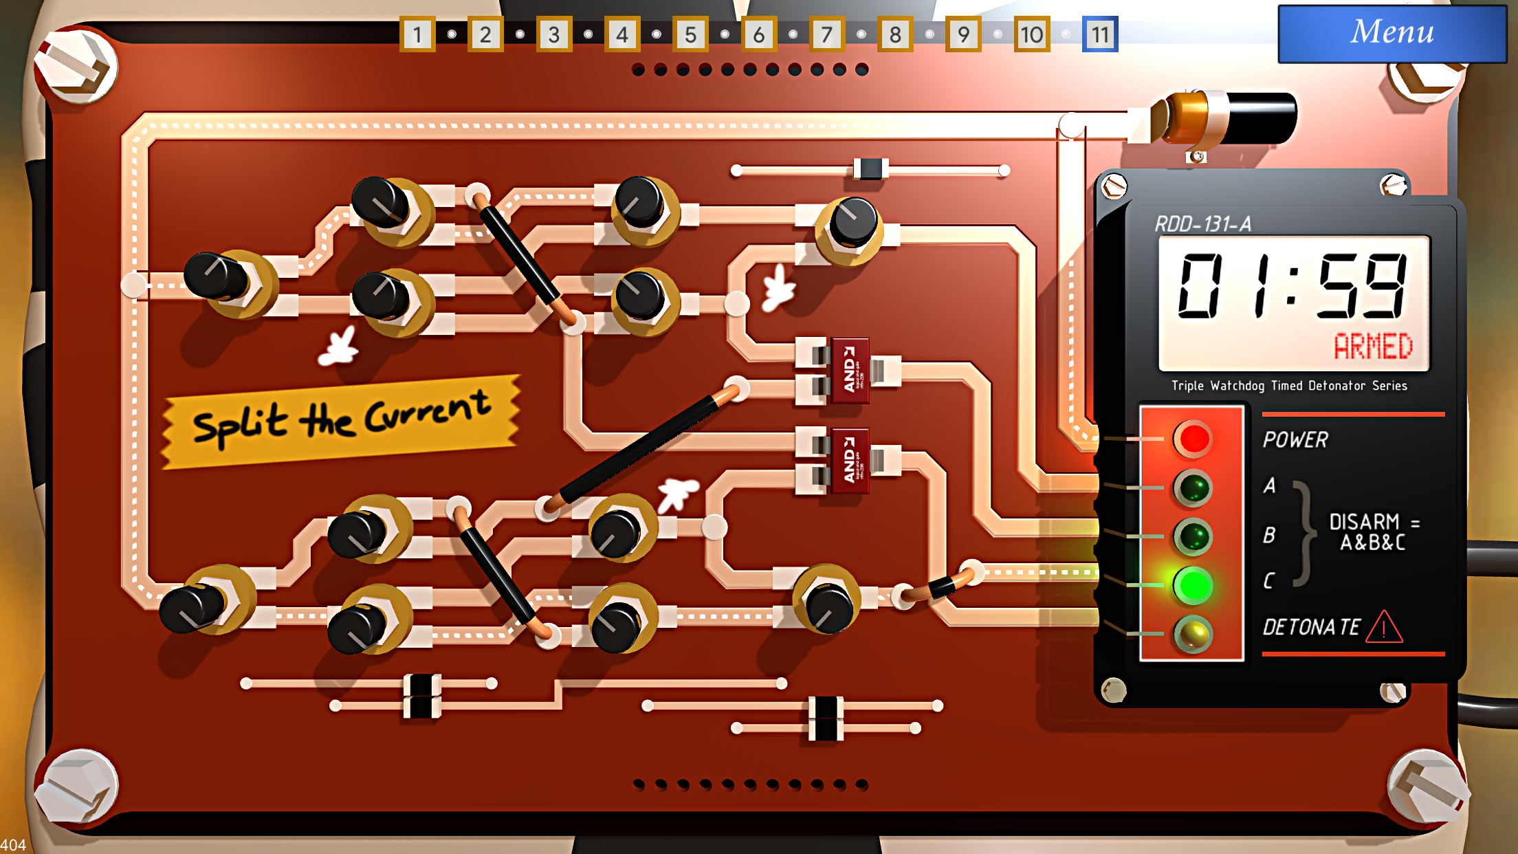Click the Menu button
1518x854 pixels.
pos(1391,33)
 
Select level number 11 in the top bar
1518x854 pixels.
pos(1100,34)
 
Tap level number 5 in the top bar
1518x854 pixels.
pos(690,34)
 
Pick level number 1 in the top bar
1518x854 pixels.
pos(417,34)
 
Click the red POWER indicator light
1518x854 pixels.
pos(1193,439)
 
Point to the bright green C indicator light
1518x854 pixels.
pos(1193,585)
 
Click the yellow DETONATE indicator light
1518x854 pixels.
pos(1193,634)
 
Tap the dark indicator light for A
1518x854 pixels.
pos(1193,488)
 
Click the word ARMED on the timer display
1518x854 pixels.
pos(1373,347)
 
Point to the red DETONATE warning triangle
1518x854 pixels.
pos(1384,627)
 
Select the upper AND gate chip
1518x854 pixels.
pos(850,370)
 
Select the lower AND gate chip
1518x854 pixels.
pos(850,460)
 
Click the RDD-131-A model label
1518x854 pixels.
pos(1202,224)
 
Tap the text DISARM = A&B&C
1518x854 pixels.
pos(1372,532)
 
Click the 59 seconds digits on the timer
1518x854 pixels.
pos(1361,286)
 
